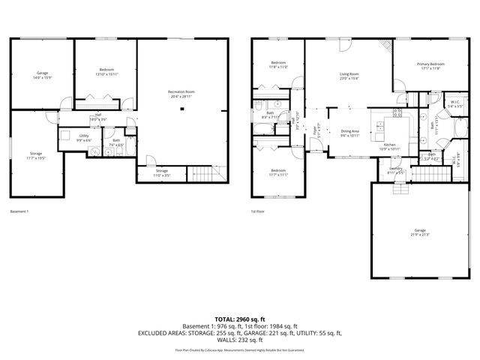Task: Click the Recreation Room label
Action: click(x=181, y=94)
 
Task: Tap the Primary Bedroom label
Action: click(x=430, y=66)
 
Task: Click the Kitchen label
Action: click(x=389, y=146)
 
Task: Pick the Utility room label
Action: click(x=84, y=138)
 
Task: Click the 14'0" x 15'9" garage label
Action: click(x=42, y=75)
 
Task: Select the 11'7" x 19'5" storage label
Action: click(x=37, y=157)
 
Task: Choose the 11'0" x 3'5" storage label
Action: click(x=162, y=173)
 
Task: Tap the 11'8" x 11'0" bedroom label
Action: click(x=278, y=64)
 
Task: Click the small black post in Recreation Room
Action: click(x=181, y=109)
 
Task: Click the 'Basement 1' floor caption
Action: click(x=20, y=211)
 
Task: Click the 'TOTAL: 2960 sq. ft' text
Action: click(x=239, y=319)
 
